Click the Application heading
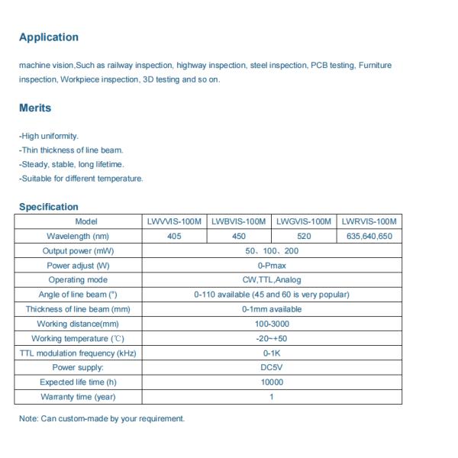[48, 37]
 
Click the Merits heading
[35, 108]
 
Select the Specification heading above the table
[48, 207]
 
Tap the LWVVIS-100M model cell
[174, 221]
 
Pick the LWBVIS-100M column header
[239, 221]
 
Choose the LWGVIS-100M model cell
[304, 221]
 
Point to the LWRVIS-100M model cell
[369, 221]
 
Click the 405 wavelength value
[174, 237]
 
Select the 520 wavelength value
[304, 237]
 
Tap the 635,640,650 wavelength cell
[369, 237]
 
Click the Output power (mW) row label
[78, 251]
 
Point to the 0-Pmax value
[272, 266]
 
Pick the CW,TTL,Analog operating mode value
[272, 280]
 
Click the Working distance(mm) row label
[78, 324]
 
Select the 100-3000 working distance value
[272, 324]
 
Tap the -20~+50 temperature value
[272, 338]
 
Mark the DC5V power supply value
[272, 367]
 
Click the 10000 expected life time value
[272, 382]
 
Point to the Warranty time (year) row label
[78, 397]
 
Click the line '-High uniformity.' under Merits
[49, 136]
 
